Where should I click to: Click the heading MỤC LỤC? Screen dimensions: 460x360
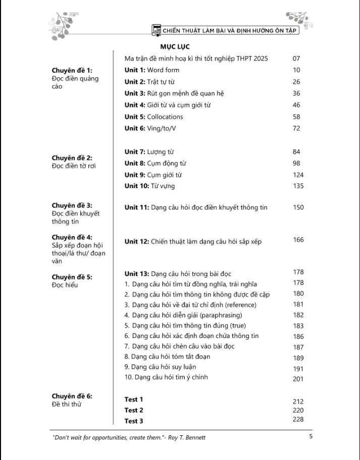pos(171,47)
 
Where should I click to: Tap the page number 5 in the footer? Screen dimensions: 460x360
pos(311,437)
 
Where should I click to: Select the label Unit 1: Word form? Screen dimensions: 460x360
pos(152,70)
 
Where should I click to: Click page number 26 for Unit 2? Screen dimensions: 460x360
pos(296,82)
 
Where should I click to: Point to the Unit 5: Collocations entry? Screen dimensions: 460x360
pos(154,117)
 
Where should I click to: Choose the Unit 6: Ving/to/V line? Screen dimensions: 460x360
pos(150,128)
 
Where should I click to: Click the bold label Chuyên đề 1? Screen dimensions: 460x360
pos(72,71)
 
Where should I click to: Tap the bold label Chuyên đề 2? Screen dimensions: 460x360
pos(72,158)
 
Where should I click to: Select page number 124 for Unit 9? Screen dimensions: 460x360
pos(298,175)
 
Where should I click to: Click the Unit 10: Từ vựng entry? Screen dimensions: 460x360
pos(150,186)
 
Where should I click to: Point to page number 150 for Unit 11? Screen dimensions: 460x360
pos(298,207)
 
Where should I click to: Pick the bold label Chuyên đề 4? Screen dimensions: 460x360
pos(72,237)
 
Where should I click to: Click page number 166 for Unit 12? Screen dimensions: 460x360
pos(298,240)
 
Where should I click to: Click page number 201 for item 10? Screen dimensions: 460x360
pos(298,379)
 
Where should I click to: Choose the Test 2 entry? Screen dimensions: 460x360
pos(134,410)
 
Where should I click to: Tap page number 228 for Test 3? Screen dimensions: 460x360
pos(298,420)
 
